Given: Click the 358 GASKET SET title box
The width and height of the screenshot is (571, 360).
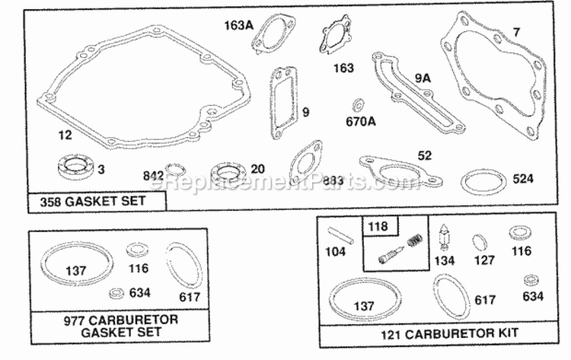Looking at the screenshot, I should click(x=97, y=202).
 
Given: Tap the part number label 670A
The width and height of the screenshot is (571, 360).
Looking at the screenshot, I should click(x=361, y=120).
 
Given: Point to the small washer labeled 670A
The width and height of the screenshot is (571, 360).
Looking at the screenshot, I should click(x=356, y=103).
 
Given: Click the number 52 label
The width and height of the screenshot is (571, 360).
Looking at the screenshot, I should click(x=424, y=155).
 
